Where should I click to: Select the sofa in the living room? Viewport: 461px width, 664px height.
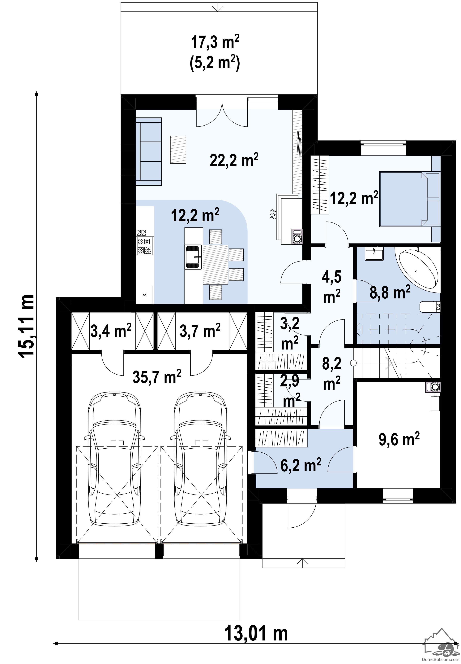click(149, 152)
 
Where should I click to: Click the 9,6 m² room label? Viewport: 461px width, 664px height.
click(399, 440)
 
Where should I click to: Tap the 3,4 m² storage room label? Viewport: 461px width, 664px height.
click(111, 331)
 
